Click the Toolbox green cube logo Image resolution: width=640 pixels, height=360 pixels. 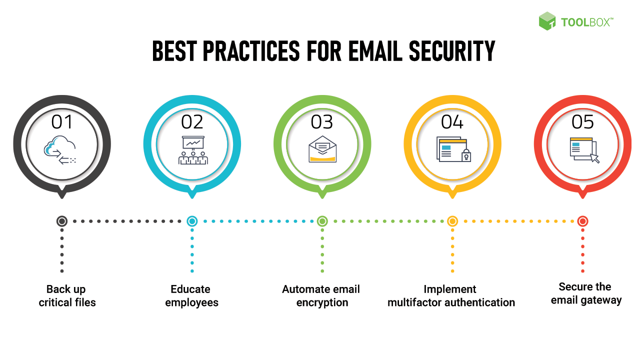(547, 21)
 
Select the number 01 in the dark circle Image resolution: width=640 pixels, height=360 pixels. (62, 122)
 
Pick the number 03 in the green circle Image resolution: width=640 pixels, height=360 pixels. (322, 122)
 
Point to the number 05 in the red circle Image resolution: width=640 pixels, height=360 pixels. (582, 122)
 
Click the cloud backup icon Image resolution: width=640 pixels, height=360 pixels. (60, 151)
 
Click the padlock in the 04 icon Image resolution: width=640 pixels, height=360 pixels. (466, 155)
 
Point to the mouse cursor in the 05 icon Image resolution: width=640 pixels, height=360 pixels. (594, 158)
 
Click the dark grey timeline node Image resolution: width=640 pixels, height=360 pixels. (62, 221)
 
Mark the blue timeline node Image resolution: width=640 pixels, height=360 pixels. (192, 221)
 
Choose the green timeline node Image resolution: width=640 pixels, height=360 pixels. (322, 221)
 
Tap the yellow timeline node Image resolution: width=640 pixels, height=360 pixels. (452, 221)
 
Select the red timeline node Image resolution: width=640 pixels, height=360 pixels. (582, 221)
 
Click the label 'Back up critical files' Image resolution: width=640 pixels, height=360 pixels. (66, 295)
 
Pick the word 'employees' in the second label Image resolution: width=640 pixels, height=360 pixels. (192, 302)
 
